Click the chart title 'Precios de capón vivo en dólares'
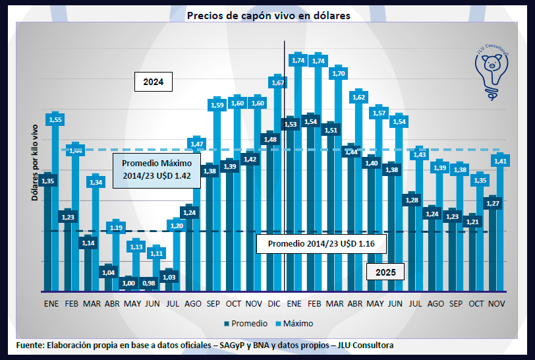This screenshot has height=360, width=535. click(268, 15)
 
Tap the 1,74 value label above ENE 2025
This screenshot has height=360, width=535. click(298, 60)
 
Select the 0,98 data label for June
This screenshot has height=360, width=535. click(149, 283)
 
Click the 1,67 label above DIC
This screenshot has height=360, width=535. click(278, 82)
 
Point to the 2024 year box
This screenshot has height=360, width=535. click(153, 82)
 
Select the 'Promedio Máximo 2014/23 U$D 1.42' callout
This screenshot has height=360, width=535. click(157, 169)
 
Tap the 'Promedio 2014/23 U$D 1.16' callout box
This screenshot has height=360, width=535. click(321, 244)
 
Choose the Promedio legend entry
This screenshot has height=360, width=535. click(246, 324)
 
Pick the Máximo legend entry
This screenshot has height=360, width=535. click(295, 324)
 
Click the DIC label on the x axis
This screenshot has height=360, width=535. click(274, 303)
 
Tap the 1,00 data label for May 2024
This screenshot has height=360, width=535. click(129, 283)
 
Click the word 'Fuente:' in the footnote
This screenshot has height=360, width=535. click(30, 345)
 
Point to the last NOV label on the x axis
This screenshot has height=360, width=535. click(497, 303)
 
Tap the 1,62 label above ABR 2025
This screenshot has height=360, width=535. click(359, 97)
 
